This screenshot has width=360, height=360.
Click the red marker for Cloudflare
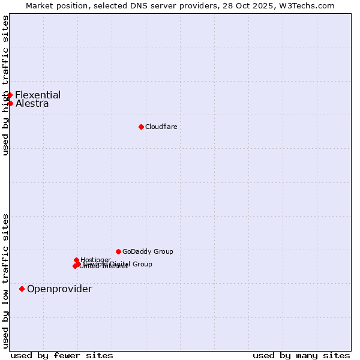(141, 127)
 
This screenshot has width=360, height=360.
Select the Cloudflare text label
(161, 127)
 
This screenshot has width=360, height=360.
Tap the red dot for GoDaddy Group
(118, 251)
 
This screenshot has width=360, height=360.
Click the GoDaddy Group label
(148, 251)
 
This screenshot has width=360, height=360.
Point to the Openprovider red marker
(22, 289)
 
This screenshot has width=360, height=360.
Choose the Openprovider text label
(59, 289)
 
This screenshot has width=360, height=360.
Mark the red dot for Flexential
(10, 95)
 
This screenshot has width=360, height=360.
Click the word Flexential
(38, 95)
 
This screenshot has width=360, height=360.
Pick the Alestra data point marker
(10, 103)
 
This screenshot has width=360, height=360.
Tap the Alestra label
(32, 103)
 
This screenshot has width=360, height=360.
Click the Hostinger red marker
(76, 260)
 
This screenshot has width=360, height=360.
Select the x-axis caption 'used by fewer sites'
(62, 355)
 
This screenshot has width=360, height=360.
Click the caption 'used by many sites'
(301, 355)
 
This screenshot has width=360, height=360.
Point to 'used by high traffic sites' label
(5, 85)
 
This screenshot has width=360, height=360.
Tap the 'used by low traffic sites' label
(5, 281)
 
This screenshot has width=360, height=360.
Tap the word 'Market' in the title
(40, 5)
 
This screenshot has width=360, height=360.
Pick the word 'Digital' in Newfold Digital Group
(121, 264)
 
